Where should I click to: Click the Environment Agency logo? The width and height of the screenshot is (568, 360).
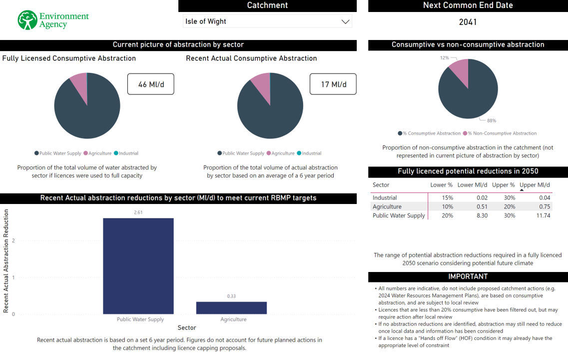(x=53, y=20)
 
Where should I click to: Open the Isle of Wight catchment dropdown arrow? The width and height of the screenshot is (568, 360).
(x=345, y=21)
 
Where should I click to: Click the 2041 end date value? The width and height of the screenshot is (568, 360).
(x=468, y=22)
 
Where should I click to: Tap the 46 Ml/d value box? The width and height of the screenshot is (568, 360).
(x=151, y=84)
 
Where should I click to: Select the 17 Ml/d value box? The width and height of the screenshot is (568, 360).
(x=333, y=84)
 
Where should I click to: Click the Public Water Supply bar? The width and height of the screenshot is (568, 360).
(x=138, y=266)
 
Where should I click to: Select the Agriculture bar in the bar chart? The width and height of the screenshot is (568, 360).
(x=231, y=307)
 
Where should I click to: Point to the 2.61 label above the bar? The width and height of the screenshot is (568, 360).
(x=138, y=212)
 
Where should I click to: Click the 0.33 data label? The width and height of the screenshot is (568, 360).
(x=231, y=296)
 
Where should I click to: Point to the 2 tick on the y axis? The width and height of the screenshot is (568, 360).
(x=13, y=240)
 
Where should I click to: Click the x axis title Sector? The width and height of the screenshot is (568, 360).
(x=187, y=327)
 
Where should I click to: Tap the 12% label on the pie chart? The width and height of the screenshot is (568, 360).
(x=445, y=58)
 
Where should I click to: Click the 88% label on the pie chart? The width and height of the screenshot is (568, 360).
(x=492, y=120)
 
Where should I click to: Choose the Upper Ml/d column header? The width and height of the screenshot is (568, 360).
(x=535, y=185)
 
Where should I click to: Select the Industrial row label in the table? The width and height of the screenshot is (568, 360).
(x=385, y=197)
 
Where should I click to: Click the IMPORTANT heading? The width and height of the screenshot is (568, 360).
(x=468, y=276)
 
